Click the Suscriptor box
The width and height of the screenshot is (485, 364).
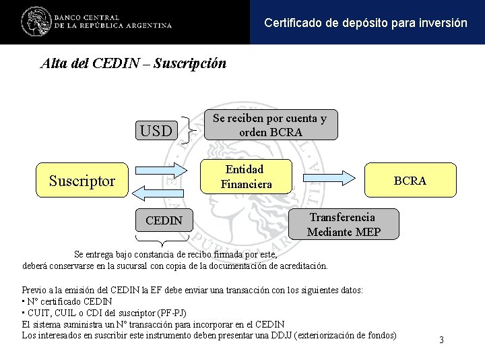pyautogui.click(x=82, y=180)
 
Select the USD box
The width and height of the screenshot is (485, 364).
pyautogui.click(x=156, y=130)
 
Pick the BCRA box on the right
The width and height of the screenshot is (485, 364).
pyautogui.click(x=410, y=180)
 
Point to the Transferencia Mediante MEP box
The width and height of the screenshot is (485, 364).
pyautogui.click(x=344, y=224)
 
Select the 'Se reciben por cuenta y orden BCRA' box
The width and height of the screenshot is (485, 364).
pyautogui.click(x=270, y=125)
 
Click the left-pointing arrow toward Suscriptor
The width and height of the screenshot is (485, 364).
pyautogui.click(x=160, y=192)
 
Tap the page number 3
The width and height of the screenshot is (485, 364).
pyautogui.click(x=441, y=340)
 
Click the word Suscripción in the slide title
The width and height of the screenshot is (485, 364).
pyautogui.click(x=190, y=64)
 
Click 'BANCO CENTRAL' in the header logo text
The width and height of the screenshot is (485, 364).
pyautogui.click(x=87, y=17)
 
